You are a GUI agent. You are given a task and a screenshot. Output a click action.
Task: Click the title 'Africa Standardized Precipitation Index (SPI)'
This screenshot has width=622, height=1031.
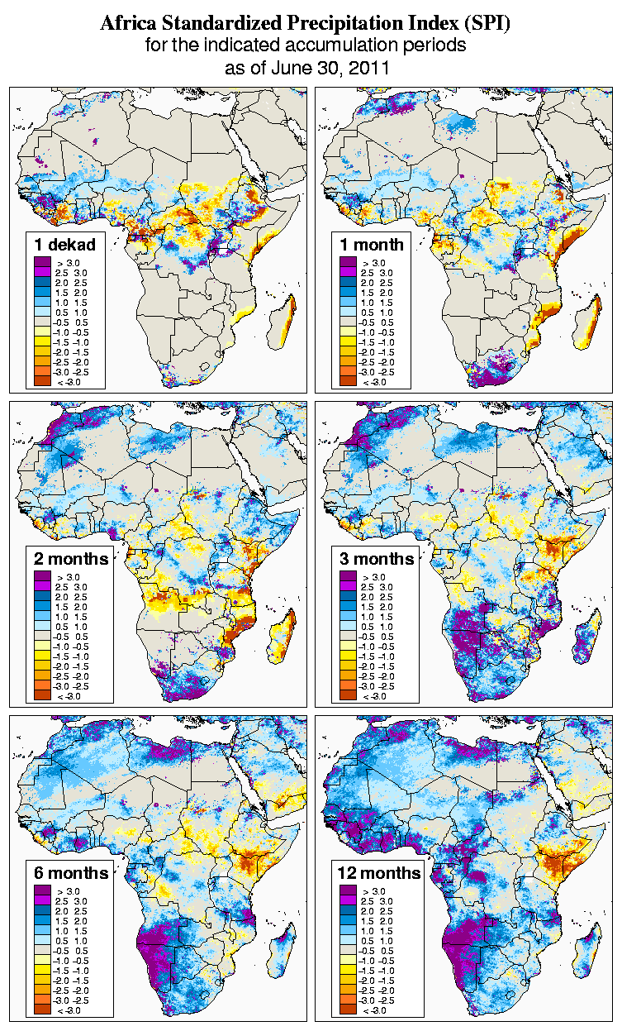pos(305,23)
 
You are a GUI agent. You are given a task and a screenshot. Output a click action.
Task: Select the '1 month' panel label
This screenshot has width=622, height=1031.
pos(371,244)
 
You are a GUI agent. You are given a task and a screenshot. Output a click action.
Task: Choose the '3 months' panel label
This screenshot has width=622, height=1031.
pos(376,559)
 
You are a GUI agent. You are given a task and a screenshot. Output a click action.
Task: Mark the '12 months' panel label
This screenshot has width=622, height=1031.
pos(378,873)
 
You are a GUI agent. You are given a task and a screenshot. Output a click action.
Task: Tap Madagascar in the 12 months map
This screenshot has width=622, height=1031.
pos(591,951)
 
